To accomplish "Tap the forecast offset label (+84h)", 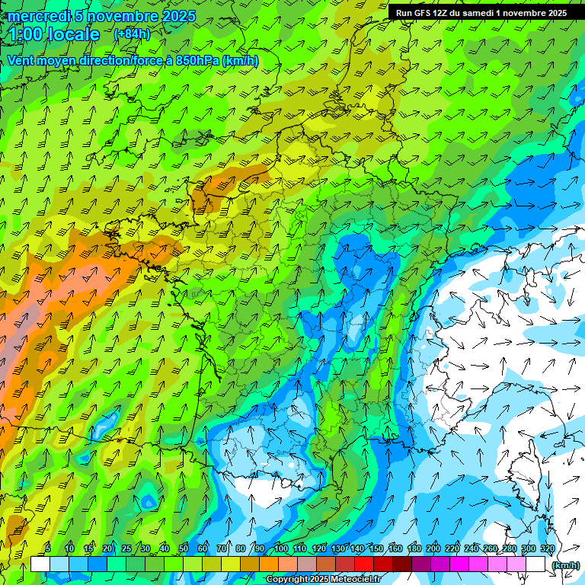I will point(132,34).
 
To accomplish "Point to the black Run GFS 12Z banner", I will point(481,12).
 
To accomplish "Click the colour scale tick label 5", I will point(48,549).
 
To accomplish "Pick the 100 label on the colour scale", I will point(281,549).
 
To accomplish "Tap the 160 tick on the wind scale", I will point(395,549).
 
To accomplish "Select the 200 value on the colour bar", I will point(433,549).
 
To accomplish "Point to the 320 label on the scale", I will point(547,549).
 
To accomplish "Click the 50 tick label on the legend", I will point(184,549).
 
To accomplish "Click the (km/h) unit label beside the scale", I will point(564,565).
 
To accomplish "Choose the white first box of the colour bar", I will point(40,564).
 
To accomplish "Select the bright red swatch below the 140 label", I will point(364,564).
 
